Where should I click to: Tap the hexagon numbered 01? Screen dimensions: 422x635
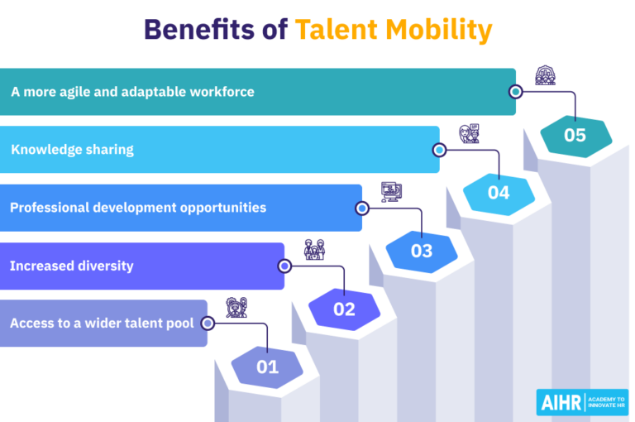tap(267, 367)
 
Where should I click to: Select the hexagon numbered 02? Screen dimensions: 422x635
tap(344, 309)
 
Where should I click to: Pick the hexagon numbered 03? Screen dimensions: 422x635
tap(422, 251)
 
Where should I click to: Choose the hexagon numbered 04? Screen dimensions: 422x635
tap(499, 193)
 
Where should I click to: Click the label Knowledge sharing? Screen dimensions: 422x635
tap(72, 150)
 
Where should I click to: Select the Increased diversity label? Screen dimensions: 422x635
tap(72, 266)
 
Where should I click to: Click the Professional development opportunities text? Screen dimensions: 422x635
tap(138, 207)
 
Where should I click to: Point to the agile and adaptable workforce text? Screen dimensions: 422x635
tap(132, 92)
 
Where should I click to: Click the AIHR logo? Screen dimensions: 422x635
tap(582, 402)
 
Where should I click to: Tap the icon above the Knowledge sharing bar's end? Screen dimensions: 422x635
tap(469, 134)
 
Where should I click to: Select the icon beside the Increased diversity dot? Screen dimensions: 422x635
tap(314, 249)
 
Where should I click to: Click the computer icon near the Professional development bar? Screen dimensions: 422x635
tap(391, 192)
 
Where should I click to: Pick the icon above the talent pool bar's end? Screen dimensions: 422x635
tap(236, 307)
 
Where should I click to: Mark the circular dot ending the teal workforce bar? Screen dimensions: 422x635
tap(516, 92)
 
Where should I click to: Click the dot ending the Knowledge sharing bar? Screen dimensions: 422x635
tap(439, 150)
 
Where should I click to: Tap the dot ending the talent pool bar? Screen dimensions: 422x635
tap(208, 324)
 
